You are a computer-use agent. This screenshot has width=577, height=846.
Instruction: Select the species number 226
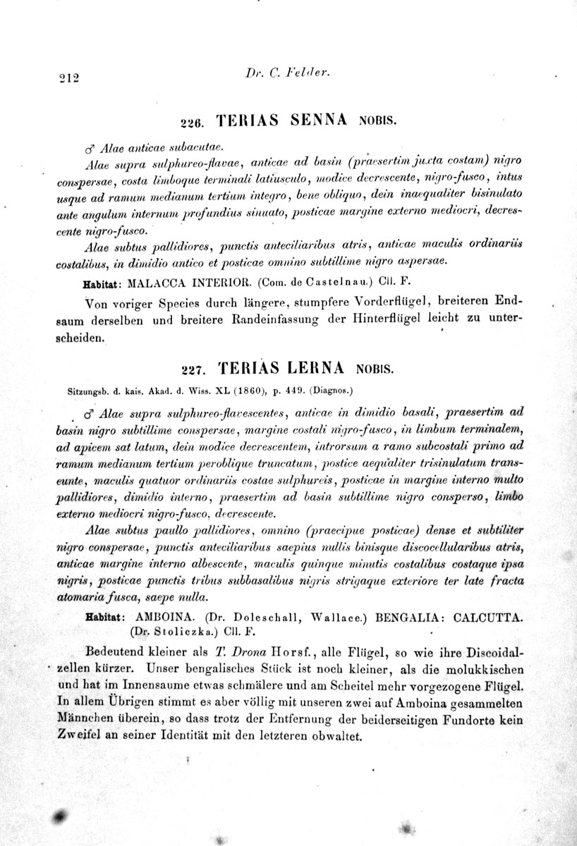click(192, 122)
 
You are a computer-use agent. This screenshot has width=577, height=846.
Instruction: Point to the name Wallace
click(336, 616)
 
